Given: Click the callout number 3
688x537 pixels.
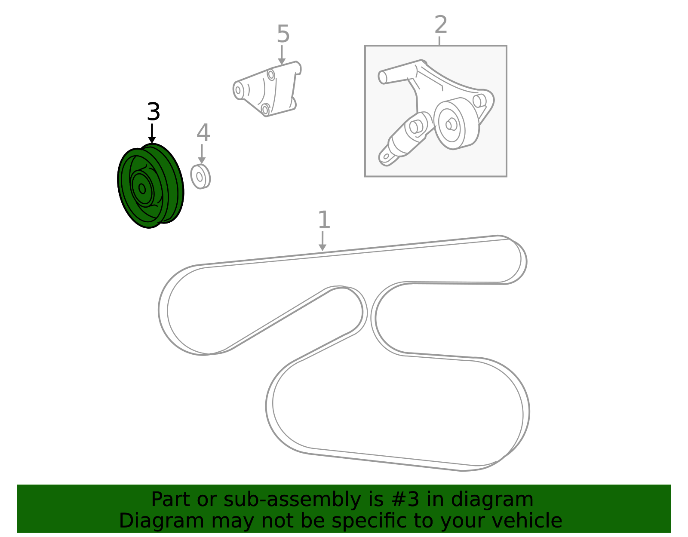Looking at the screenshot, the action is point(154,111).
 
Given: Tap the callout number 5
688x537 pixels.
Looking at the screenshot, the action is point(283,34).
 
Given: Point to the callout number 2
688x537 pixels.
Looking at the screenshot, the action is point(441,25).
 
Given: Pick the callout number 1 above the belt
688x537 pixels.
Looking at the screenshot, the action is point(324,220).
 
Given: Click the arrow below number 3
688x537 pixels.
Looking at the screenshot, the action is point(152,133).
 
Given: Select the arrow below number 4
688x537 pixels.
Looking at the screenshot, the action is point(202,154).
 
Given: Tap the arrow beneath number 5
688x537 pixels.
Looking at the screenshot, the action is point(282,55).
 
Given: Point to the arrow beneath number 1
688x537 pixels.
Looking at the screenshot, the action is point(322,241).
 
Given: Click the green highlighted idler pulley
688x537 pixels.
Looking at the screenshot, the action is point(150,186).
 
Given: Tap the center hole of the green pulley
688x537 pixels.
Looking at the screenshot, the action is point(142,189).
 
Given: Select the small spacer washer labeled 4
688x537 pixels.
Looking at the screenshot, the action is point(200,177).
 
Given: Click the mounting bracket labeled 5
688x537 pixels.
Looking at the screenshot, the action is point(267,89).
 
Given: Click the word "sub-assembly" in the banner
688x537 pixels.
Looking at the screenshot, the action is point(292,500).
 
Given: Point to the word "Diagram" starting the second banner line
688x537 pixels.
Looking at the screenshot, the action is point(162,521).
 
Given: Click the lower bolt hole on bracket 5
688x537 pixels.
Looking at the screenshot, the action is point(265,110).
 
